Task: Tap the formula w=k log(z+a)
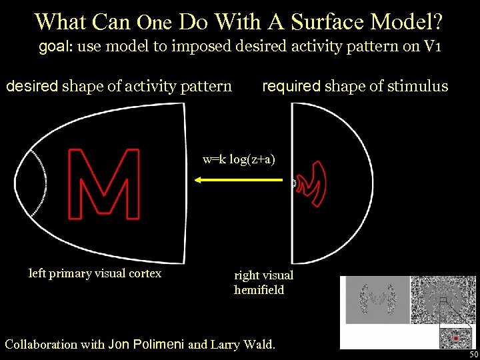239,159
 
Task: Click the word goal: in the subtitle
57,47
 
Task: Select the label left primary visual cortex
95,273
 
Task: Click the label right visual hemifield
263,282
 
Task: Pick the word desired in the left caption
33,86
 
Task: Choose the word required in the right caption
291,86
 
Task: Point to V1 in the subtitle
433,47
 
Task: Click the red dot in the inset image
456,338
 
